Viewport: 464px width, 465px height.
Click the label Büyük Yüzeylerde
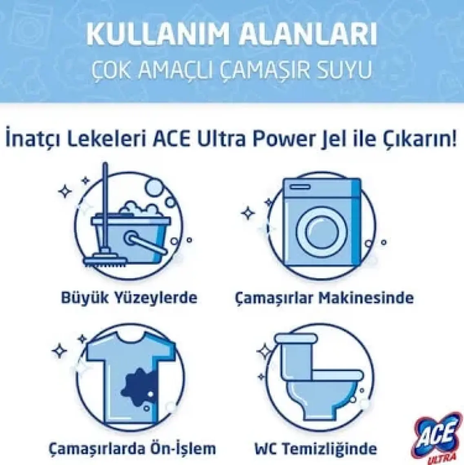pos(129,297)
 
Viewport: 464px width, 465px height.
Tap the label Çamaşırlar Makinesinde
pos(324,297)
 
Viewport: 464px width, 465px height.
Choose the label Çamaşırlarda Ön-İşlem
pos(132,448)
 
